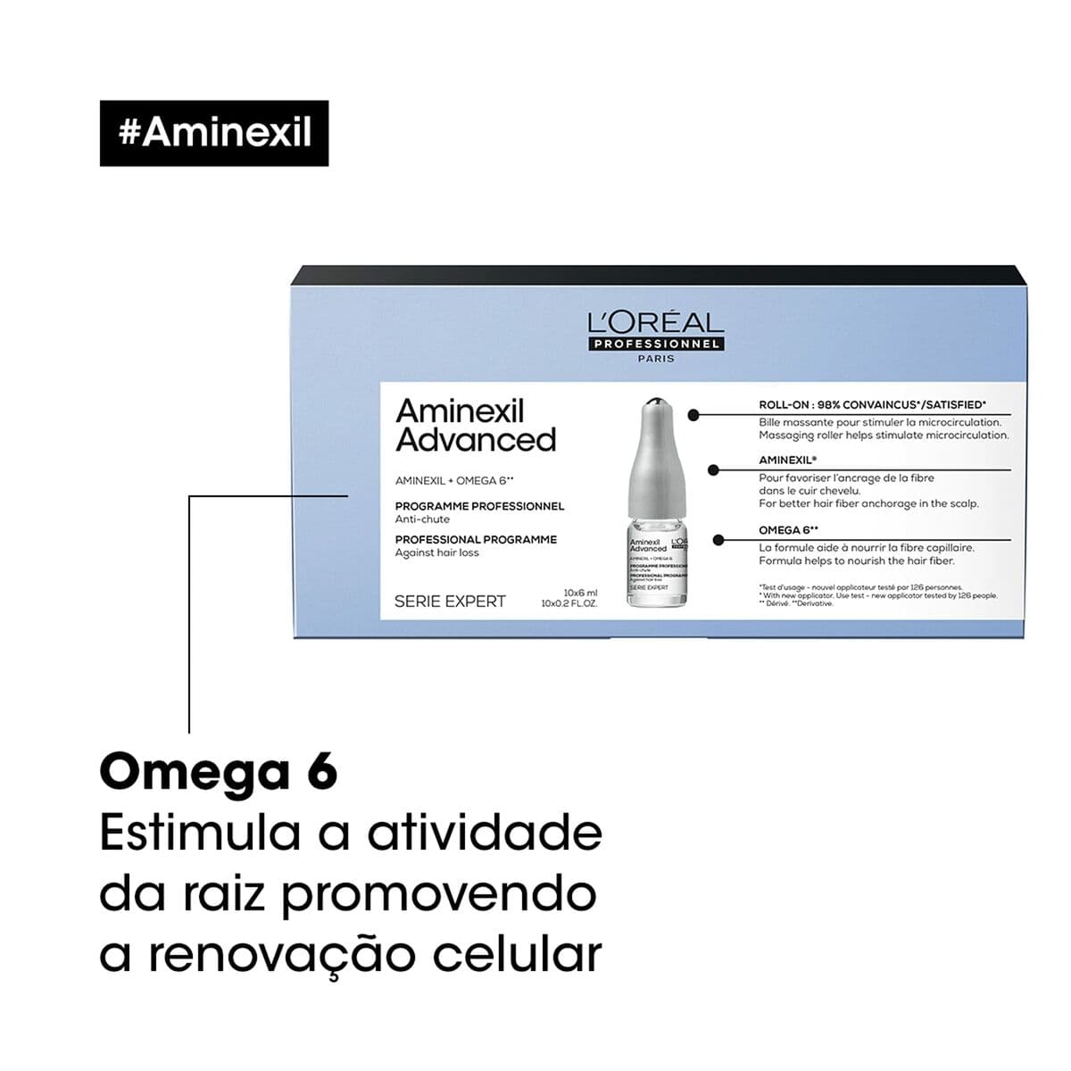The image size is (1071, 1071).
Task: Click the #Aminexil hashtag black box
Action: pos(214,133)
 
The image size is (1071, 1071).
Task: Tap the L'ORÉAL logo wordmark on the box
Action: pos(656,323)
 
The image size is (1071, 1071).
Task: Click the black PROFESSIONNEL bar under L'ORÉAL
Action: pos(656,345)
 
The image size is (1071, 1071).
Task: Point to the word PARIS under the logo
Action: pos(657,359)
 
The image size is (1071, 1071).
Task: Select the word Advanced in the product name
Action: pos(476,440)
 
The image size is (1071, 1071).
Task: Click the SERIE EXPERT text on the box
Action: pos(450,602)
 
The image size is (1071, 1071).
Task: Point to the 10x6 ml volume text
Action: pos(580,593)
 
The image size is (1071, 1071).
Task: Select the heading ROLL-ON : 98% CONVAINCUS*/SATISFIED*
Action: pos(872,405)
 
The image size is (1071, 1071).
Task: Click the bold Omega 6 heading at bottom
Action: pos(219,772)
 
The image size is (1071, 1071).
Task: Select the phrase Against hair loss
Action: pos(437,552)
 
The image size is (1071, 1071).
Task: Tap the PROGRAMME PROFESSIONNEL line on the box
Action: pos(479,506)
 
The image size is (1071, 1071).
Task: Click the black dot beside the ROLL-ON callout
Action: pos(693,414)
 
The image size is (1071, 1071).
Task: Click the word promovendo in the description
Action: pos(439,894)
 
